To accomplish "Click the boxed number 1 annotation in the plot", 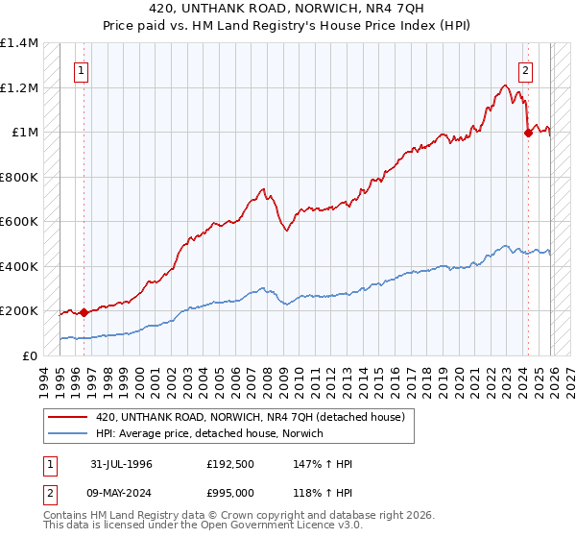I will (82, 69).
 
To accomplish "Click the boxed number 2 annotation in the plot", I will (526, 69).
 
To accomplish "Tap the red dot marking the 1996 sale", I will (84, 312).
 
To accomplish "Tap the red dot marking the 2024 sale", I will (528, 134).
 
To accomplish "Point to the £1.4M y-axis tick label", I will (19, 43).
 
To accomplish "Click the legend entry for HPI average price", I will (208, 433).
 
